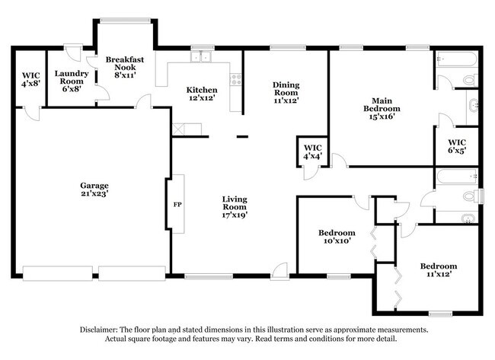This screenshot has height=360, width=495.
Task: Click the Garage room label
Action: (x=95, y=190)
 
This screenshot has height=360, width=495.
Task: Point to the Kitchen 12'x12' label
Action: (x=202, y=94)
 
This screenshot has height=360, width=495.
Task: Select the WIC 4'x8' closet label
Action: (x=30, y=80)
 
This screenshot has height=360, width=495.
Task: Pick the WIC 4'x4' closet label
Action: (x=312, y=151)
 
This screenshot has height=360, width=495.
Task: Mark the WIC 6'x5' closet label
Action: (x=457, y=146)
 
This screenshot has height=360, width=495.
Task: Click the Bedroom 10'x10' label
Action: (x=336, y=237)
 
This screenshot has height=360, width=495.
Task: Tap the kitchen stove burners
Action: (x=235, y=77)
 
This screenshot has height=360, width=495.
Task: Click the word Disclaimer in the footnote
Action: (x=104, y=330)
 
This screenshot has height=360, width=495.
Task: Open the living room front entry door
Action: (x=282, y=269)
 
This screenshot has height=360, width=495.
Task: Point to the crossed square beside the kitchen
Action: (x=179, y=129)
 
